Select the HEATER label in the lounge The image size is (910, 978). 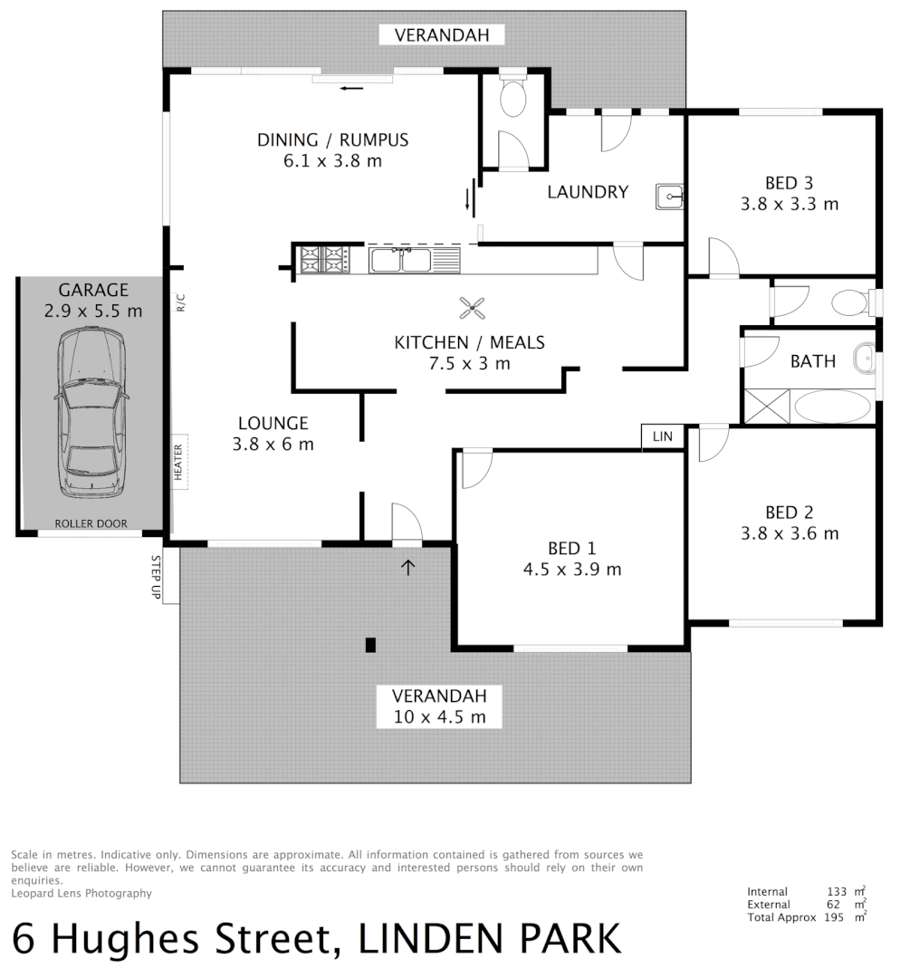coord(178,462)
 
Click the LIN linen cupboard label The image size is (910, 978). coord(663,436)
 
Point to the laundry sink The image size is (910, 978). coord(669,195)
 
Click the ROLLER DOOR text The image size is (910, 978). coord(91,523)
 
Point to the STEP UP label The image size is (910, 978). coord(156,578)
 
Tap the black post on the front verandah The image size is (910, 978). coord(370,645)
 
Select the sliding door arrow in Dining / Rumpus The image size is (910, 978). coord(352,88)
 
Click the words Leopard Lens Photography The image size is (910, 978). coord(81,893)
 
